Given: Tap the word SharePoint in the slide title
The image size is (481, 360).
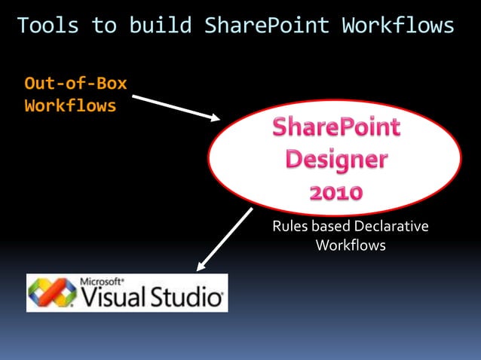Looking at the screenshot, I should (x=267, y=25).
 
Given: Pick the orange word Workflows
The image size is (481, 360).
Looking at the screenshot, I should (x=70, y=105).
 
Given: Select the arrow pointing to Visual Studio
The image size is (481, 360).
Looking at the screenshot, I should (x=224, y=239).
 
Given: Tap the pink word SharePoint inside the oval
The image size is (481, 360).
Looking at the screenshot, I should (x=336, y=128).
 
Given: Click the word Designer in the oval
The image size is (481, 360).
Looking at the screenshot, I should (x=336, y=160).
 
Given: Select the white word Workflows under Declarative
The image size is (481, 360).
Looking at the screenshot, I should (x=351, y=246).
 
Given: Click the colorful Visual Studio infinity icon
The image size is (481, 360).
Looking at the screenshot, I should (x=52, y=292).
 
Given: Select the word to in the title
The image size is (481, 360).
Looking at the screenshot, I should (x=104, y=25).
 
